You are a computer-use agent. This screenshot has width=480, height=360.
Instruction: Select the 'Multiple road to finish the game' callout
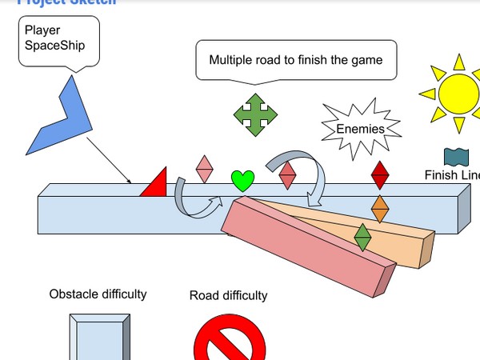coord(296,60)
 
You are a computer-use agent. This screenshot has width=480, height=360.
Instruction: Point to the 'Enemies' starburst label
coord(359,128)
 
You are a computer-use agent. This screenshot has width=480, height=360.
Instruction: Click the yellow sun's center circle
coord(457,93)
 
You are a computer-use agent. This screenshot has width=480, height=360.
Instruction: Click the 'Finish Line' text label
coord(453,176)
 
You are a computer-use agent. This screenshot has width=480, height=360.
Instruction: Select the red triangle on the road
coord(156,184)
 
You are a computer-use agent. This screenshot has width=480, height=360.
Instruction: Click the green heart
coord(242,181)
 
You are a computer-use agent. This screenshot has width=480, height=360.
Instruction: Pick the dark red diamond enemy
coord(380,174)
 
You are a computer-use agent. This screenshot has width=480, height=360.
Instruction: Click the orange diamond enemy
coord(380,209)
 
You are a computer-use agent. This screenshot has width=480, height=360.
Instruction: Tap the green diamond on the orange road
coord(362,238)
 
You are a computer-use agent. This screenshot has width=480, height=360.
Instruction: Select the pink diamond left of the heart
coord(205,168)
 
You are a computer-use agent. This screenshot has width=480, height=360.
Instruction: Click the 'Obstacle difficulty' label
coord(98,294)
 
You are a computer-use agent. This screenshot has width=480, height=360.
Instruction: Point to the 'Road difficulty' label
coord(228,296)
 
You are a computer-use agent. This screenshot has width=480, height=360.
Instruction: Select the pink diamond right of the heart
coord(287,175)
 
